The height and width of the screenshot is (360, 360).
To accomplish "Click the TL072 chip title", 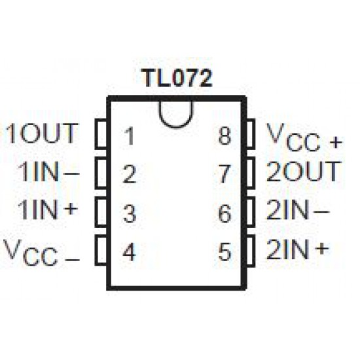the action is click(177, 78).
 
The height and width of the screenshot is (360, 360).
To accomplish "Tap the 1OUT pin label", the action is click(42, 133).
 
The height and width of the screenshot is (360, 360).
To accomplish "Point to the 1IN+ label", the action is click(48, 209).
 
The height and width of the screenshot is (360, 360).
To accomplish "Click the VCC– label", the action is click(41, 252).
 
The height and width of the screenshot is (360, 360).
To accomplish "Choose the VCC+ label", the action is click(304, 137).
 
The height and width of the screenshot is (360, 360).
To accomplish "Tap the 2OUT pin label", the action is click(304, 171).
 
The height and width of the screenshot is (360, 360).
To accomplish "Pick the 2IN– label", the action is click(298, 209).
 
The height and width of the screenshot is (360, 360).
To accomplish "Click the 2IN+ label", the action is click(298, 249).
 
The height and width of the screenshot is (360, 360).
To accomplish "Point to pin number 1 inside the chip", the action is click(130, 135).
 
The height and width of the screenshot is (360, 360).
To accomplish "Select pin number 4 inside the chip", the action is click(129, 252).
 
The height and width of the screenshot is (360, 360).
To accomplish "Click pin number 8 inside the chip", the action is click(225, 135).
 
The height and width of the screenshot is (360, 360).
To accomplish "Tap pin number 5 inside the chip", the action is click(225, 252).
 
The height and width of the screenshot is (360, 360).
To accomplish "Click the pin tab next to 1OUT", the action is click(101, 133).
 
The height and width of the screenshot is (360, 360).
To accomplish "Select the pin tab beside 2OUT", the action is click(251, 172).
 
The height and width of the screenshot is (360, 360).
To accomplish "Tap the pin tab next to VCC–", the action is click(101, 250).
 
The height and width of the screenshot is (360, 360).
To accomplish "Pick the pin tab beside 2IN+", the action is click(251, 250).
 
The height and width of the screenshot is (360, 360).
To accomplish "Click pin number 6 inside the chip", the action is click(225, 213).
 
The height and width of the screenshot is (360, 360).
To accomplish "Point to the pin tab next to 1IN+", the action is click(101, 211).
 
